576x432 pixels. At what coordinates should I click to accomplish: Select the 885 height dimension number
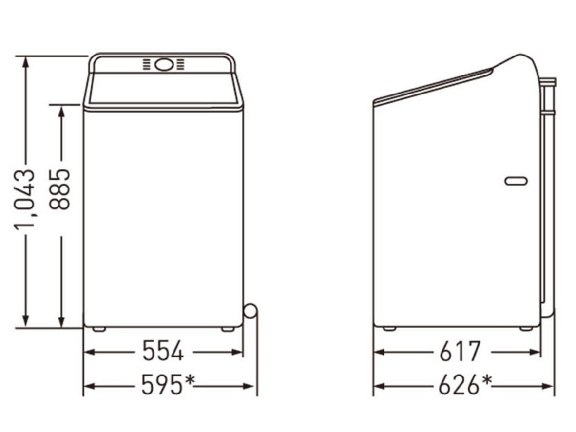(x=59, y=189)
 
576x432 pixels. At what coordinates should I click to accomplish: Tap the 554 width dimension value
(x=163, y=351)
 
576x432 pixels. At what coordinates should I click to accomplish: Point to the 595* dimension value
(x=168, y=384)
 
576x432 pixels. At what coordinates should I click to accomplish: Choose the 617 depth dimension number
(x=460, y=351)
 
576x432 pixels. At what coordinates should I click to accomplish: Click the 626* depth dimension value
(x=465, y=384)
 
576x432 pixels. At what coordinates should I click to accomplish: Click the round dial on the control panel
(x=164, y=65)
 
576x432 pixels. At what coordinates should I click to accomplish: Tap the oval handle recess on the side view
(x=517, y=181)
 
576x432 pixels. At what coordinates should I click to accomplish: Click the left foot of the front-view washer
(x=99, y=329)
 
